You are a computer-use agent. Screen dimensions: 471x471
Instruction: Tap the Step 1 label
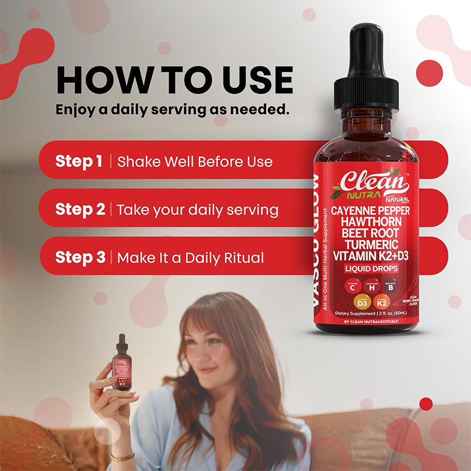click(79, 161)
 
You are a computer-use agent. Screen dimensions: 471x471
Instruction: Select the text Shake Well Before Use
click(195, 161)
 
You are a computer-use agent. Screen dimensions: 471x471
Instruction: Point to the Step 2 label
click(80, 209)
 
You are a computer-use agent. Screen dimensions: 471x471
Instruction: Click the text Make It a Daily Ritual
click(190, 257)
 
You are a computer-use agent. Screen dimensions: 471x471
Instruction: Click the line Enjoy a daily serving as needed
click(172, 110)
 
